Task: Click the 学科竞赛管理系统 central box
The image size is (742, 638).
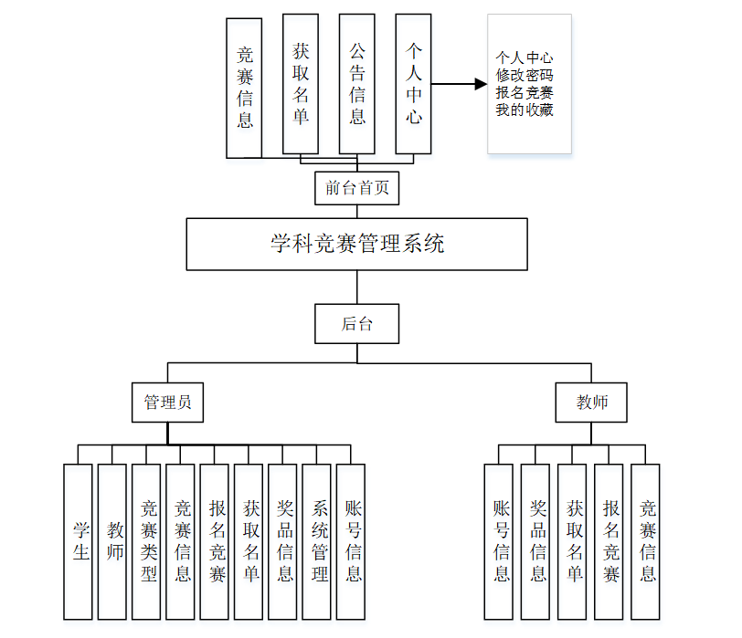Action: tap(357, 244)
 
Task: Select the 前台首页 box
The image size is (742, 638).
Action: tap(357, 189)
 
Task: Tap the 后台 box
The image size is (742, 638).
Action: tap(357, 324)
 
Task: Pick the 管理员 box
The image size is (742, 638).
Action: tap(167, 403)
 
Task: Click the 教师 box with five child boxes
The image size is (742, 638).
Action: tap(592, 403)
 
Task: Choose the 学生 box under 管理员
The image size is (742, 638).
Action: tap(79, 542)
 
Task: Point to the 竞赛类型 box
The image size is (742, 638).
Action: tap(147, 542)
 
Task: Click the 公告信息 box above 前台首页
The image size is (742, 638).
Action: tap(356, 83)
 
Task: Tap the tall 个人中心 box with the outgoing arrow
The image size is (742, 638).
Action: tap(413, 83)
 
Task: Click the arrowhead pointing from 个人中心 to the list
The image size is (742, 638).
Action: tap(481, 85)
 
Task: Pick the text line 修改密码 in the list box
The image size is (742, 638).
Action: tap(525, 75)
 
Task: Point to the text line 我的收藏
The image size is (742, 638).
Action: tap(525, 110)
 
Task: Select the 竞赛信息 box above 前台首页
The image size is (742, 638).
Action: tap(244, 89)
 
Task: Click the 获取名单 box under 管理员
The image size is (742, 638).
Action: tap(249, 542)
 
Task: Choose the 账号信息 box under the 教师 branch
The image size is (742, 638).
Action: tap(499, 542)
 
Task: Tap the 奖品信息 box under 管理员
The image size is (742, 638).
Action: tap(283, 542)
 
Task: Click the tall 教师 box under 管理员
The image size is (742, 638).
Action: tap(112, 542)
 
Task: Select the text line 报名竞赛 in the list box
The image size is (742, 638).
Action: tap(525, 92)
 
